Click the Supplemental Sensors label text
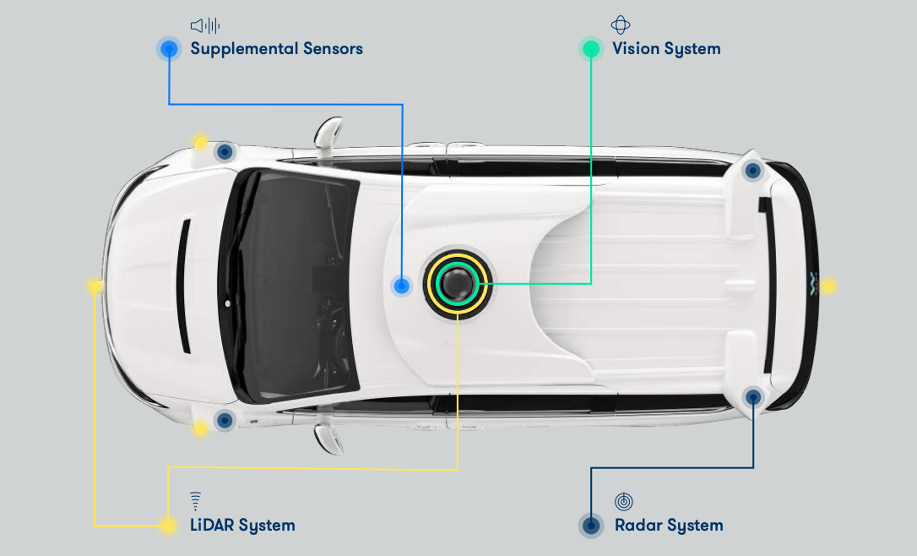click(277, 48)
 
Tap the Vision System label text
click(666, 48)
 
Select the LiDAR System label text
click(242, 525)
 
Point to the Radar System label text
click(669, 525)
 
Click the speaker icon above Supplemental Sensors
click(205, 25)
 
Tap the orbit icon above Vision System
click(621, 25)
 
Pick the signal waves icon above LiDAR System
click(195, 501)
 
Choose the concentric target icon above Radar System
click(623, 502)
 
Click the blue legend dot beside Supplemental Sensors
click(169, 48)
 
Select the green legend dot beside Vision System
click(591, 48)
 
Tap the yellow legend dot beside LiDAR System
click(168, 525)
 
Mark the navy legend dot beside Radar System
click(591, 525)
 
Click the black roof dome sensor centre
click(458, 284)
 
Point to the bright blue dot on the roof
click(401, 286)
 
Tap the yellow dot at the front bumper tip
click(95, 286)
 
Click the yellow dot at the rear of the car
click(828, 286)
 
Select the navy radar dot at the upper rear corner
click(752, 171)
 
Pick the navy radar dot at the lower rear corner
click(752, 397)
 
